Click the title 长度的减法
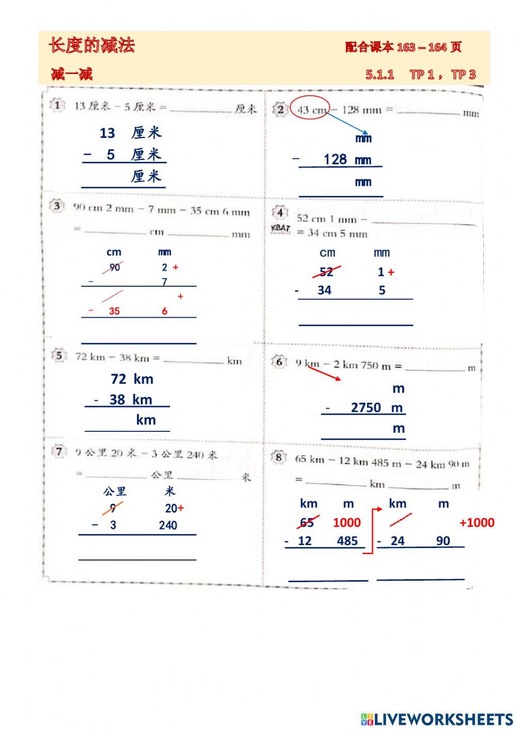coord(92,45)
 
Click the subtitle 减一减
coord(72,74)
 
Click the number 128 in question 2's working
coord(335,159)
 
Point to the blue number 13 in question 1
coord(107,133)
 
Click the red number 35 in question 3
coord(114,311)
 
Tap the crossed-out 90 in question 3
coord(114,267)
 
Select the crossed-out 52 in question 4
coord(326,272)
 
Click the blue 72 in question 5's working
coord(118,379)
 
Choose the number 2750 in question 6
coord(366,408)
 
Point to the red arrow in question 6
coord(325,374)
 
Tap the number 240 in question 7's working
coord(168,525)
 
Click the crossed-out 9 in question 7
coord(113,508)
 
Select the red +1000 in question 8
coord(477,522)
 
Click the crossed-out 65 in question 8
coord(307,522)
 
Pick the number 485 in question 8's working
coord(347,541)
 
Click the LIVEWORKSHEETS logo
coord(437,719)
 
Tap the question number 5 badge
coord(59,356)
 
